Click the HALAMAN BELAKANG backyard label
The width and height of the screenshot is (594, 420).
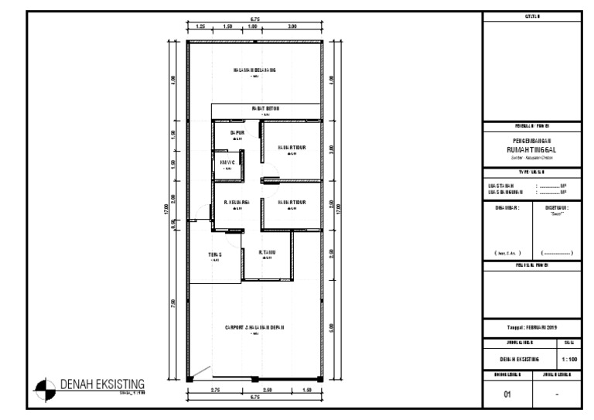pyautogui.click(x=254, y=70)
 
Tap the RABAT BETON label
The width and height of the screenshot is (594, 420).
pyautogui.click(x=265, y=109)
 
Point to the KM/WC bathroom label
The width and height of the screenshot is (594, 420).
pyautogui.click(x=227, y=162)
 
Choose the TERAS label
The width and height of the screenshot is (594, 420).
pyautogui.click(x=215, y=254)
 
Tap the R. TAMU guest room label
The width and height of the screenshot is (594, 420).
pyautogui.click(x=268, y=252)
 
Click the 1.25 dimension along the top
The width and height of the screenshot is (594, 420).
pyautogui.click(x=200, y=26)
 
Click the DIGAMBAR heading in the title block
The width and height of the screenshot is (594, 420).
pyautogui.click(x=507, y=207)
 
